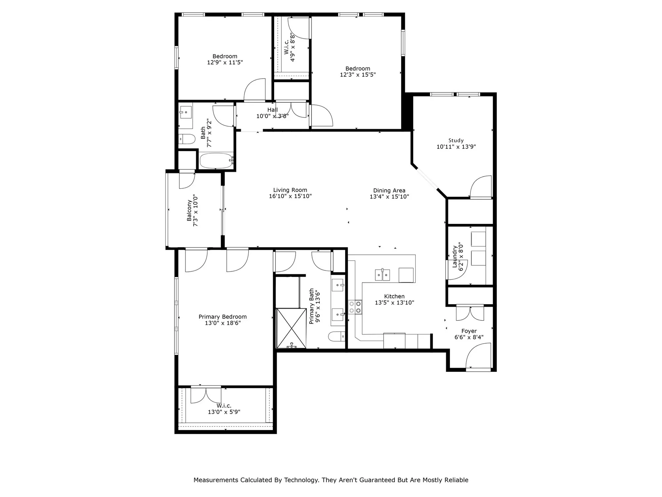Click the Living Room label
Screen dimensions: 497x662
click(290, 190)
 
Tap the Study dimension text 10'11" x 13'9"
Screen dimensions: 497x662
click(456, 146)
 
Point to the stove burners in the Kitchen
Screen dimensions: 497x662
click(355, 307)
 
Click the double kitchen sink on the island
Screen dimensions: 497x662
click(382, 275)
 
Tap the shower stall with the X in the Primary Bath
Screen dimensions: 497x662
click(291, 328)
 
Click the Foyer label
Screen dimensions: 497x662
click(469, 331)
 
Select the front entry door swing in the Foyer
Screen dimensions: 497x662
click(478, 357)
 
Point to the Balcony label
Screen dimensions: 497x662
click(189, 210)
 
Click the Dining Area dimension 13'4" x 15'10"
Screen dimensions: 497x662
click(389, 196)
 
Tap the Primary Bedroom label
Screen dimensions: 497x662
click(222, 317)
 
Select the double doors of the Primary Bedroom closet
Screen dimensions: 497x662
click(206, 395)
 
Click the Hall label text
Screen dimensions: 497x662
click(272, 110)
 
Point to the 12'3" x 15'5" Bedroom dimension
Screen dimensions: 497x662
click(357, 75)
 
